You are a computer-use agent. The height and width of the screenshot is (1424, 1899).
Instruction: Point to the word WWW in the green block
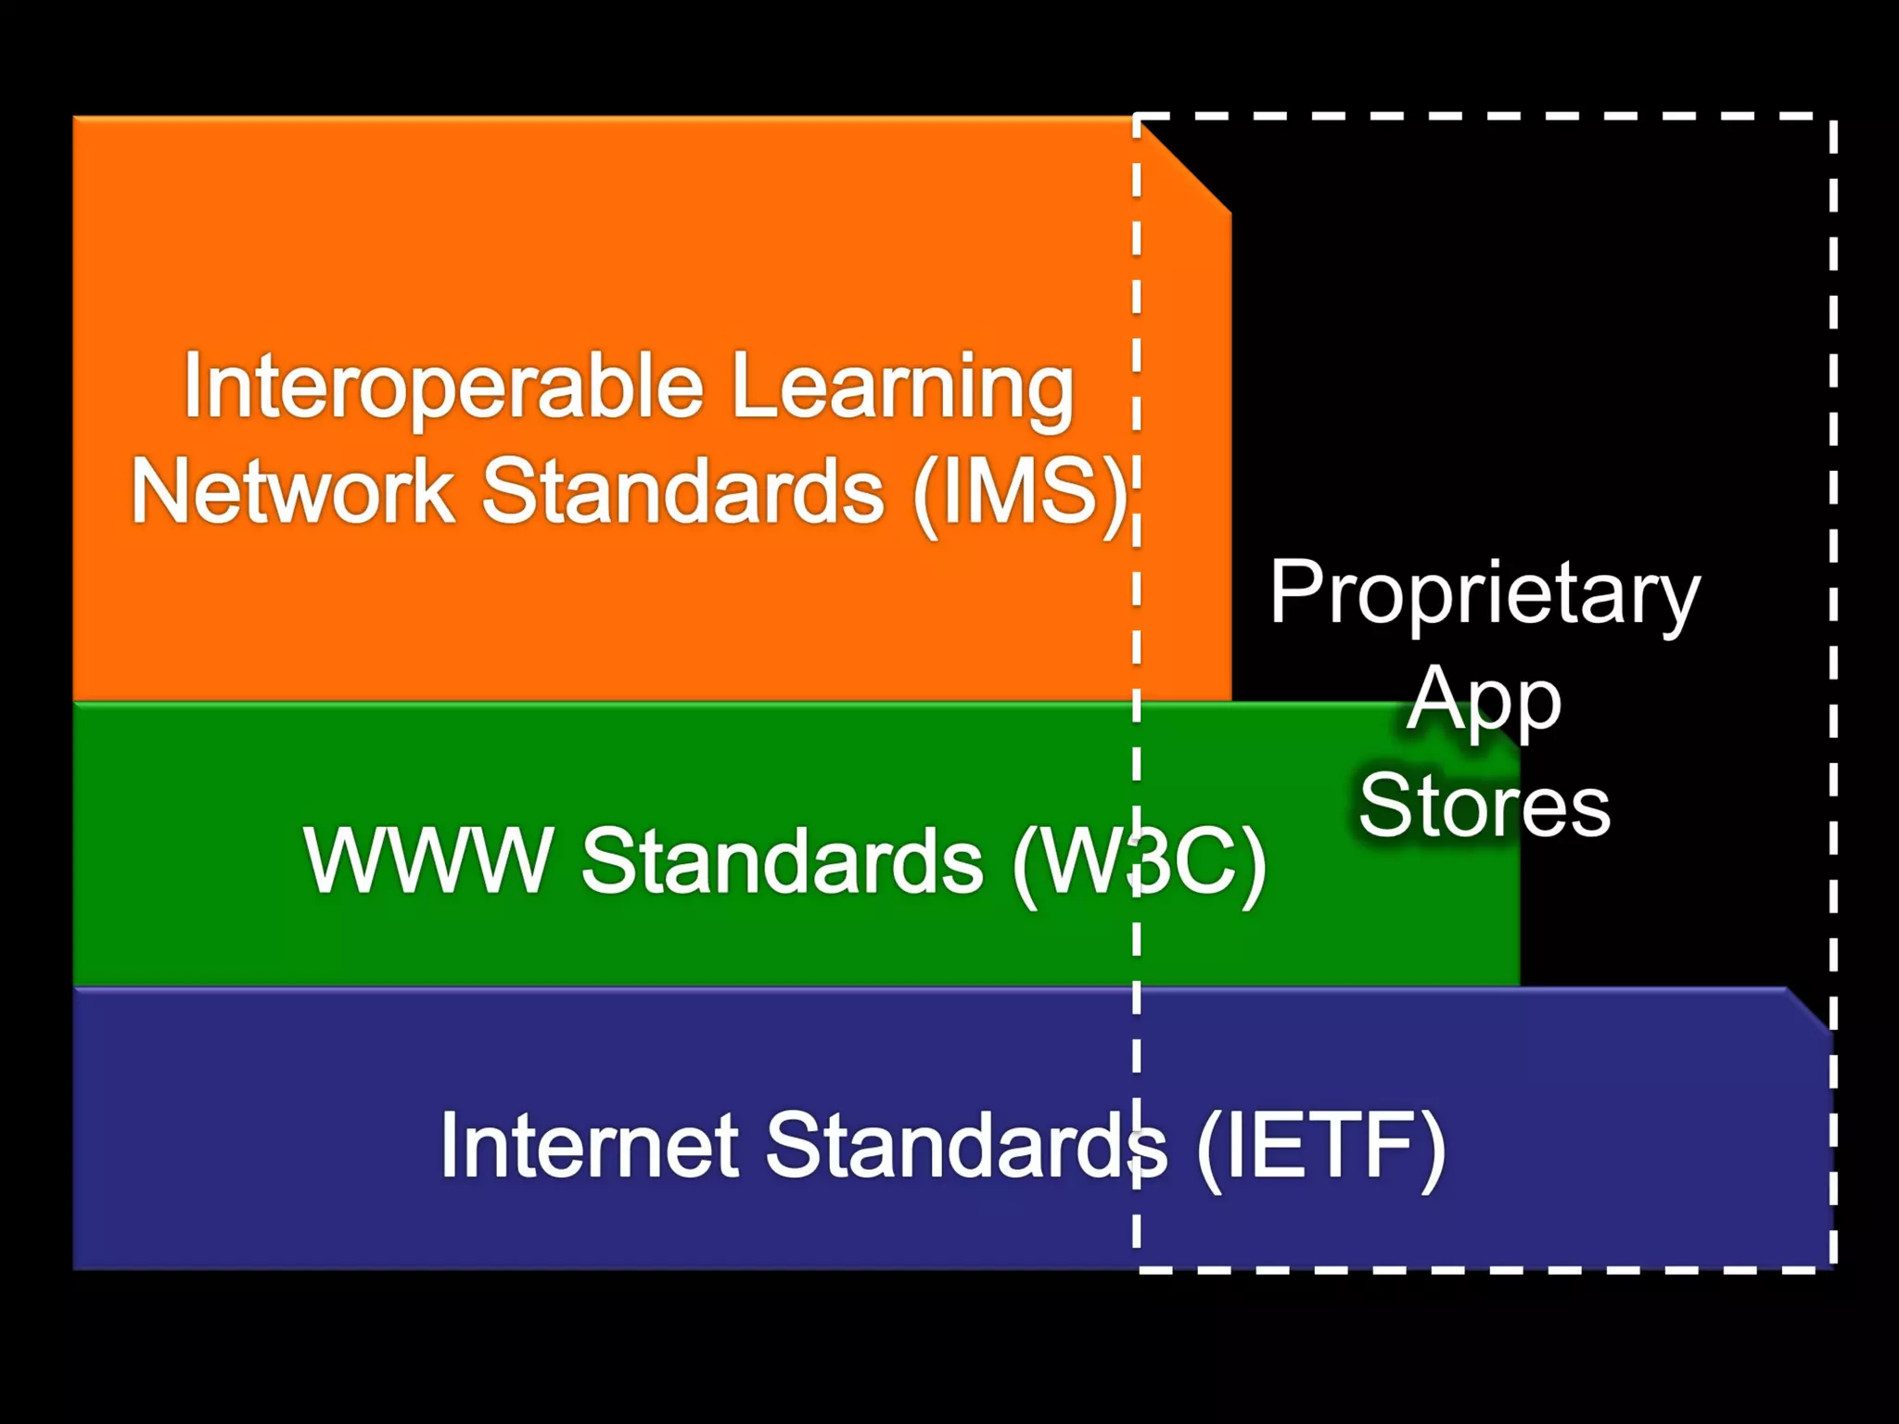click(428, 861)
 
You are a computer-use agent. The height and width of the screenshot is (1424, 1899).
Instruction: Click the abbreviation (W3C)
click(1139, 863)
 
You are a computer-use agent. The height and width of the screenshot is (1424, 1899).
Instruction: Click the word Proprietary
click(1485, 593)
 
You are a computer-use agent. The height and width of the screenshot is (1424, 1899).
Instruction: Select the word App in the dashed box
click(1485, 701)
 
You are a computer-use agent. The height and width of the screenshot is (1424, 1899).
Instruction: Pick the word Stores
click(1485, 806)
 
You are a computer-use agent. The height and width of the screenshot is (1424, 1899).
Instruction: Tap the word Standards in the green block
click(782, 861)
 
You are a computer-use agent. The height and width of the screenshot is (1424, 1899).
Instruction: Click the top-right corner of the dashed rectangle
click(1833, 118)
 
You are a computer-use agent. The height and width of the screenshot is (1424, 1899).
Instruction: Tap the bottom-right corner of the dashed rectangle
click(1833, 1268)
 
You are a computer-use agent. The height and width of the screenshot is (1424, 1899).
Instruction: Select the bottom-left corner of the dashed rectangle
click(1137, 1268)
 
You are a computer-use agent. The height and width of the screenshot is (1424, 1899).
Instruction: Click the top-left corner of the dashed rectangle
click(1137, 118)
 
